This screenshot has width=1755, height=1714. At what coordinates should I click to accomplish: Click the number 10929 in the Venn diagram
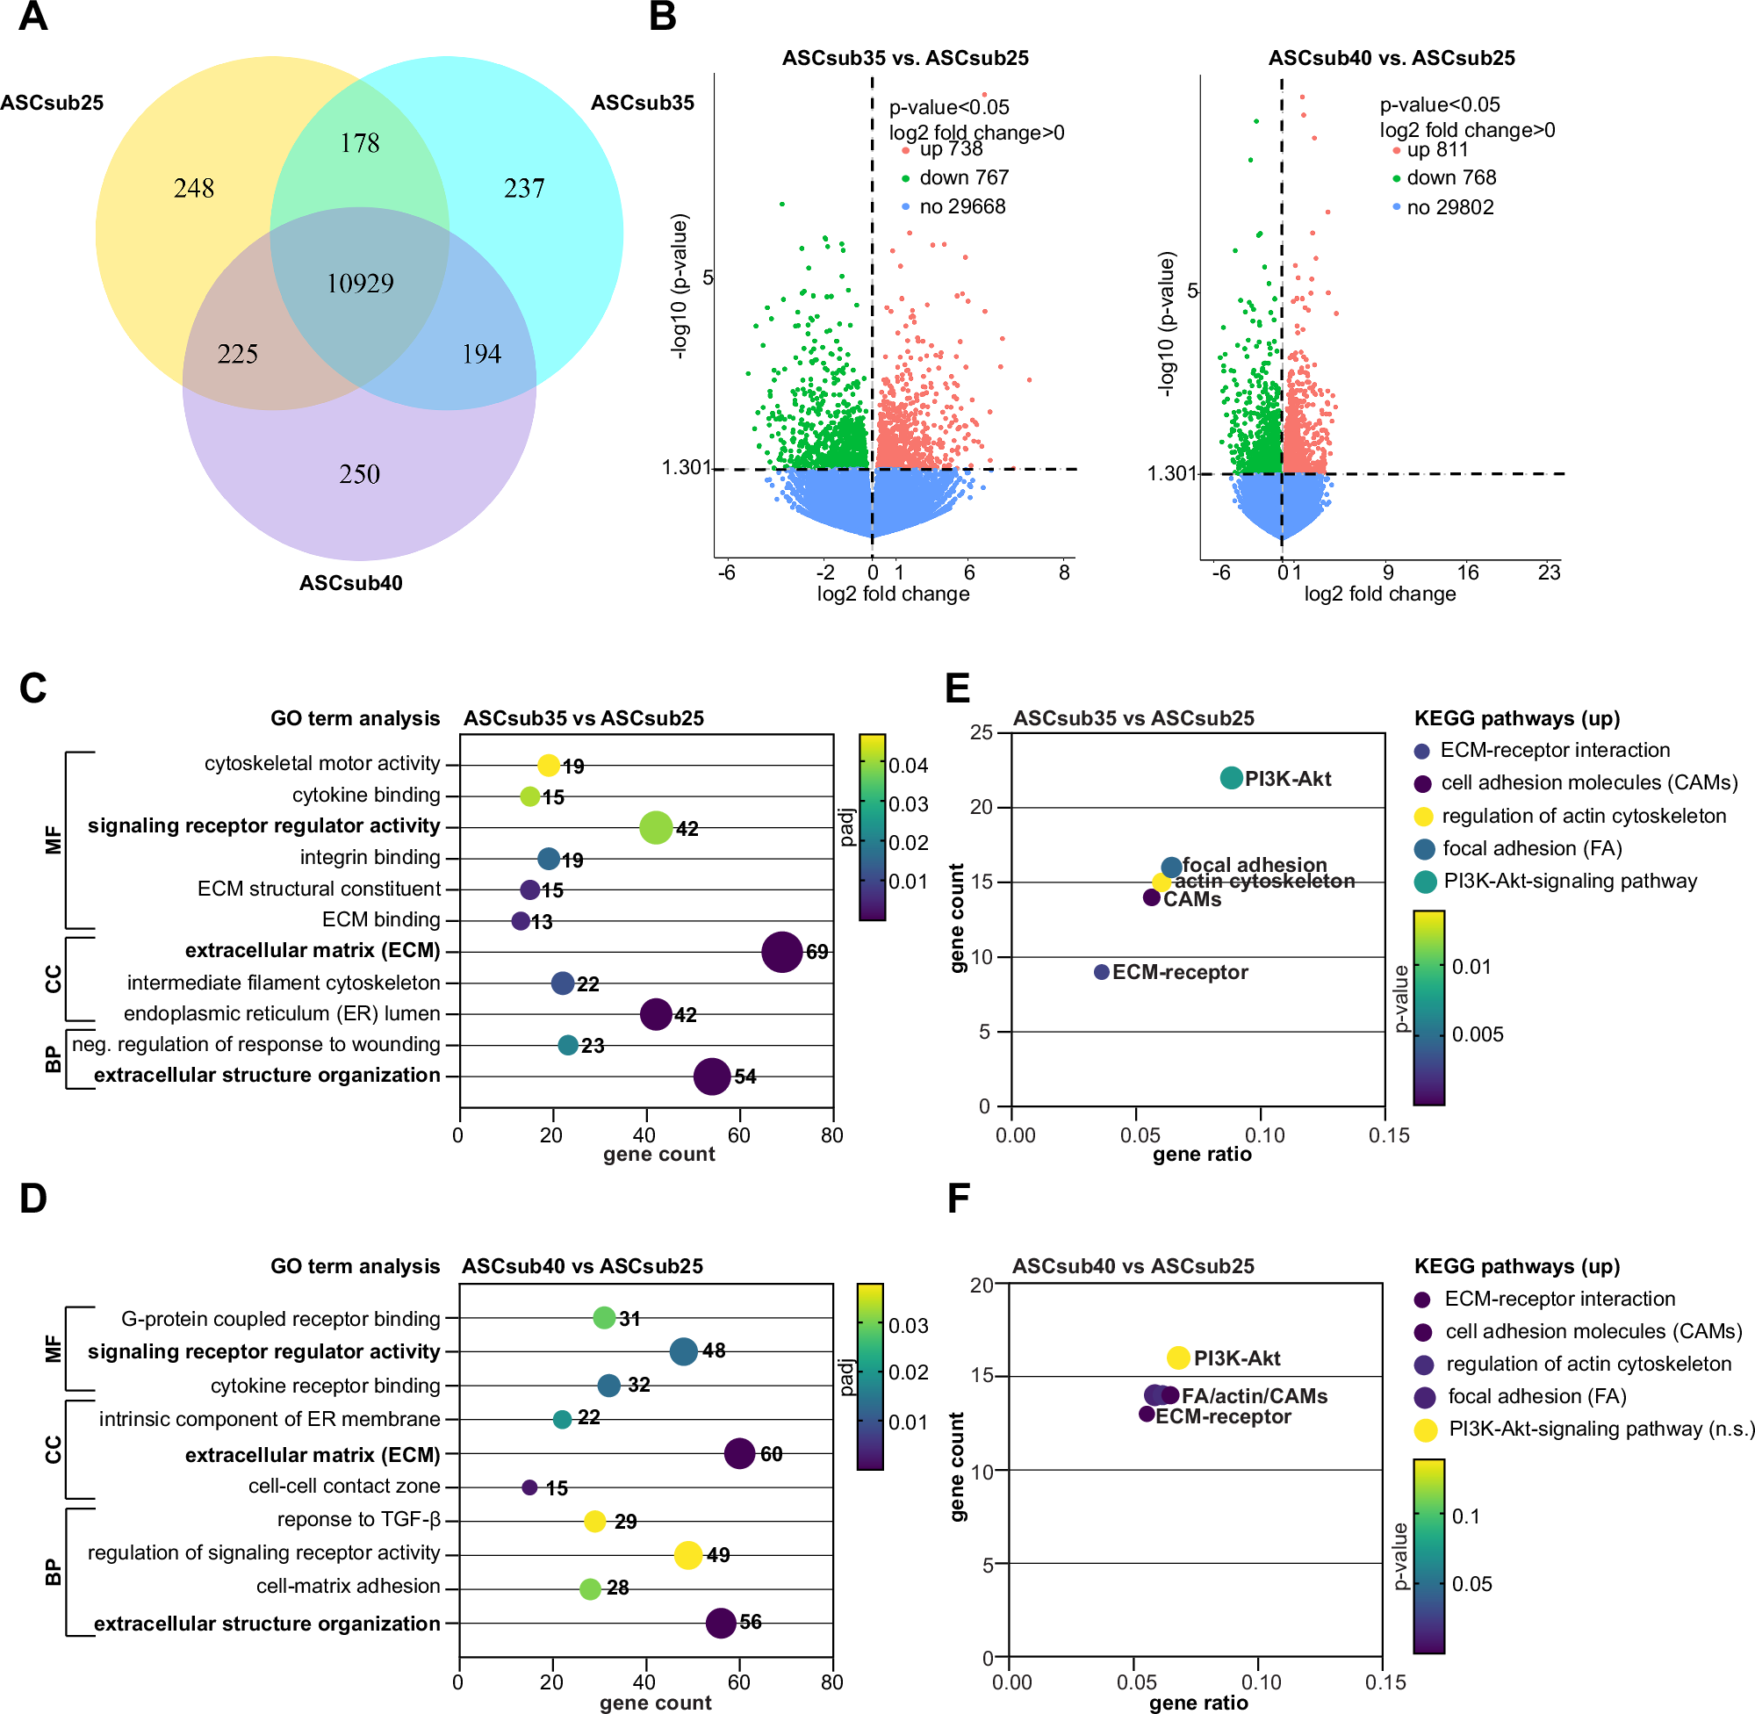coord(360,284)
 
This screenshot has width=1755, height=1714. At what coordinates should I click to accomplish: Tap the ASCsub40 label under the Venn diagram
coord(351,583)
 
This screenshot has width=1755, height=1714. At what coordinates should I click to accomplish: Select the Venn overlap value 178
coord(360,143)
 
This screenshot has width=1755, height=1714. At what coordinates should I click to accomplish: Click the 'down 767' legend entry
coord(964,177)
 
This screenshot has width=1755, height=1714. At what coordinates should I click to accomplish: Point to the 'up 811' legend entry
coord(1436,149)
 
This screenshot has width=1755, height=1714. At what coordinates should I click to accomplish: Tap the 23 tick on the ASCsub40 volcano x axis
coord(1549,573)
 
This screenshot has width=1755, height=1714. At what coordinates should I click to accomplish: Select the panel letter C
coord(33,688)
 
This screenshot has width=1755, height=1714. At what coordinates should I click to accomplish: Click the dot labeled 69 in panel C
coord(781,952)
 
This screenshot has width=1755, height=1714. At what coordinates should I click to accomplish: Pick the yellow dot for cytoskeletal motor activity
coord(548,765)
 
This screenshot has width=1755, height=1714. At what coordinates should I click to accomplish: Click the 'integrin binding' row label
coord(370,857)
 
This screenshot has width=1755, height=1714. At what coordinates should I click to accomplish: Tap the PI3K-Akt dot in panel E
coord(1231,778)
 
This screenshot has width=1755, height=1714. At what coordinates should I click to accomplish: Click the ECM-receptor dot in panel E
coord(1101,972)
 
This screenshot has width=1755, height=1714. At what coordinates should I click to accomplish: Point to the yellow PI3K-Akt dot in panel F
coord(1178,1358)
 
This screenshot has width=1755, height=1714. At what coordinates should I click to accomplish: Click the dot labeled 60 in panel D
coord(739,1453)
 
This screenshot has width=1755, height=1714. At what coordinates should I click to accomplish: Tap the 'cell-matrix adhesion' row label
coord(349,1586)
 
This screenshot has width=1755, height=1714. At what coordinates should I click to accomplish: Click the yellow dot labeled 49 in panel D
coord(687,1555)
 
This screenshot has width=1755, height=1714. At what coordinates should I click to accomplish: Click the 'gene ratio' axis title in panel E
coord(1202,1154)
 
